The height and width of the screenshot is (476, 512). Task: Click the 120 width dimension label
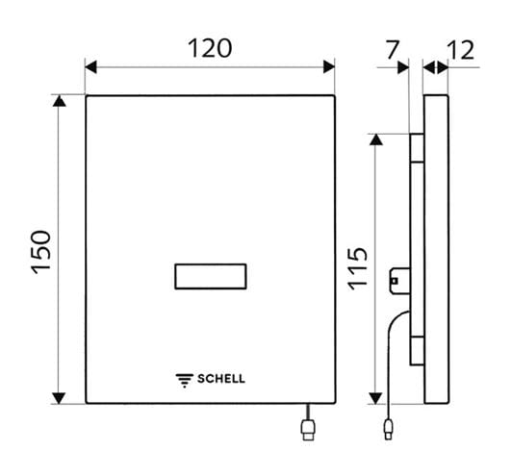pos(210,48)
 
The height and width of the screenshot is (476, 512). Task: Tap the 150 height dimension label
pos(41,252)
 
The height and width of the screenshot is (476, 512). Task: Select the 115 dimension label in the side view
pos(358,268)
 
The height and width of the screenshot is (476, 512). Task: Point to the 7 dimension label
pos(392,50)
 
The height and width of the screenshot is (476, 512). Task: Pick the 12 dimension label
pos(461,50)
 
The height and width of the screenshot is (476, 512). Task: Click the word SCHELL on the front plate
pos(221,379)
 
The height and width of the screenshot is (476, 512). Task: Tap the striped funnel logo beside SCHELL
pos(185,381)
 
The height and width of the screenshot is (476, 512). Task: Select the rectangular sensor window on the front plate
pos(211,276)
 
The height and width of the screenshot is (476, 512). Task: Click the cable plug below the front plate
pos(308,430)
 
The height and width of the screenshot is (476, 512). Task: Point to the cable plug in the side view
pos(388,429)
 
